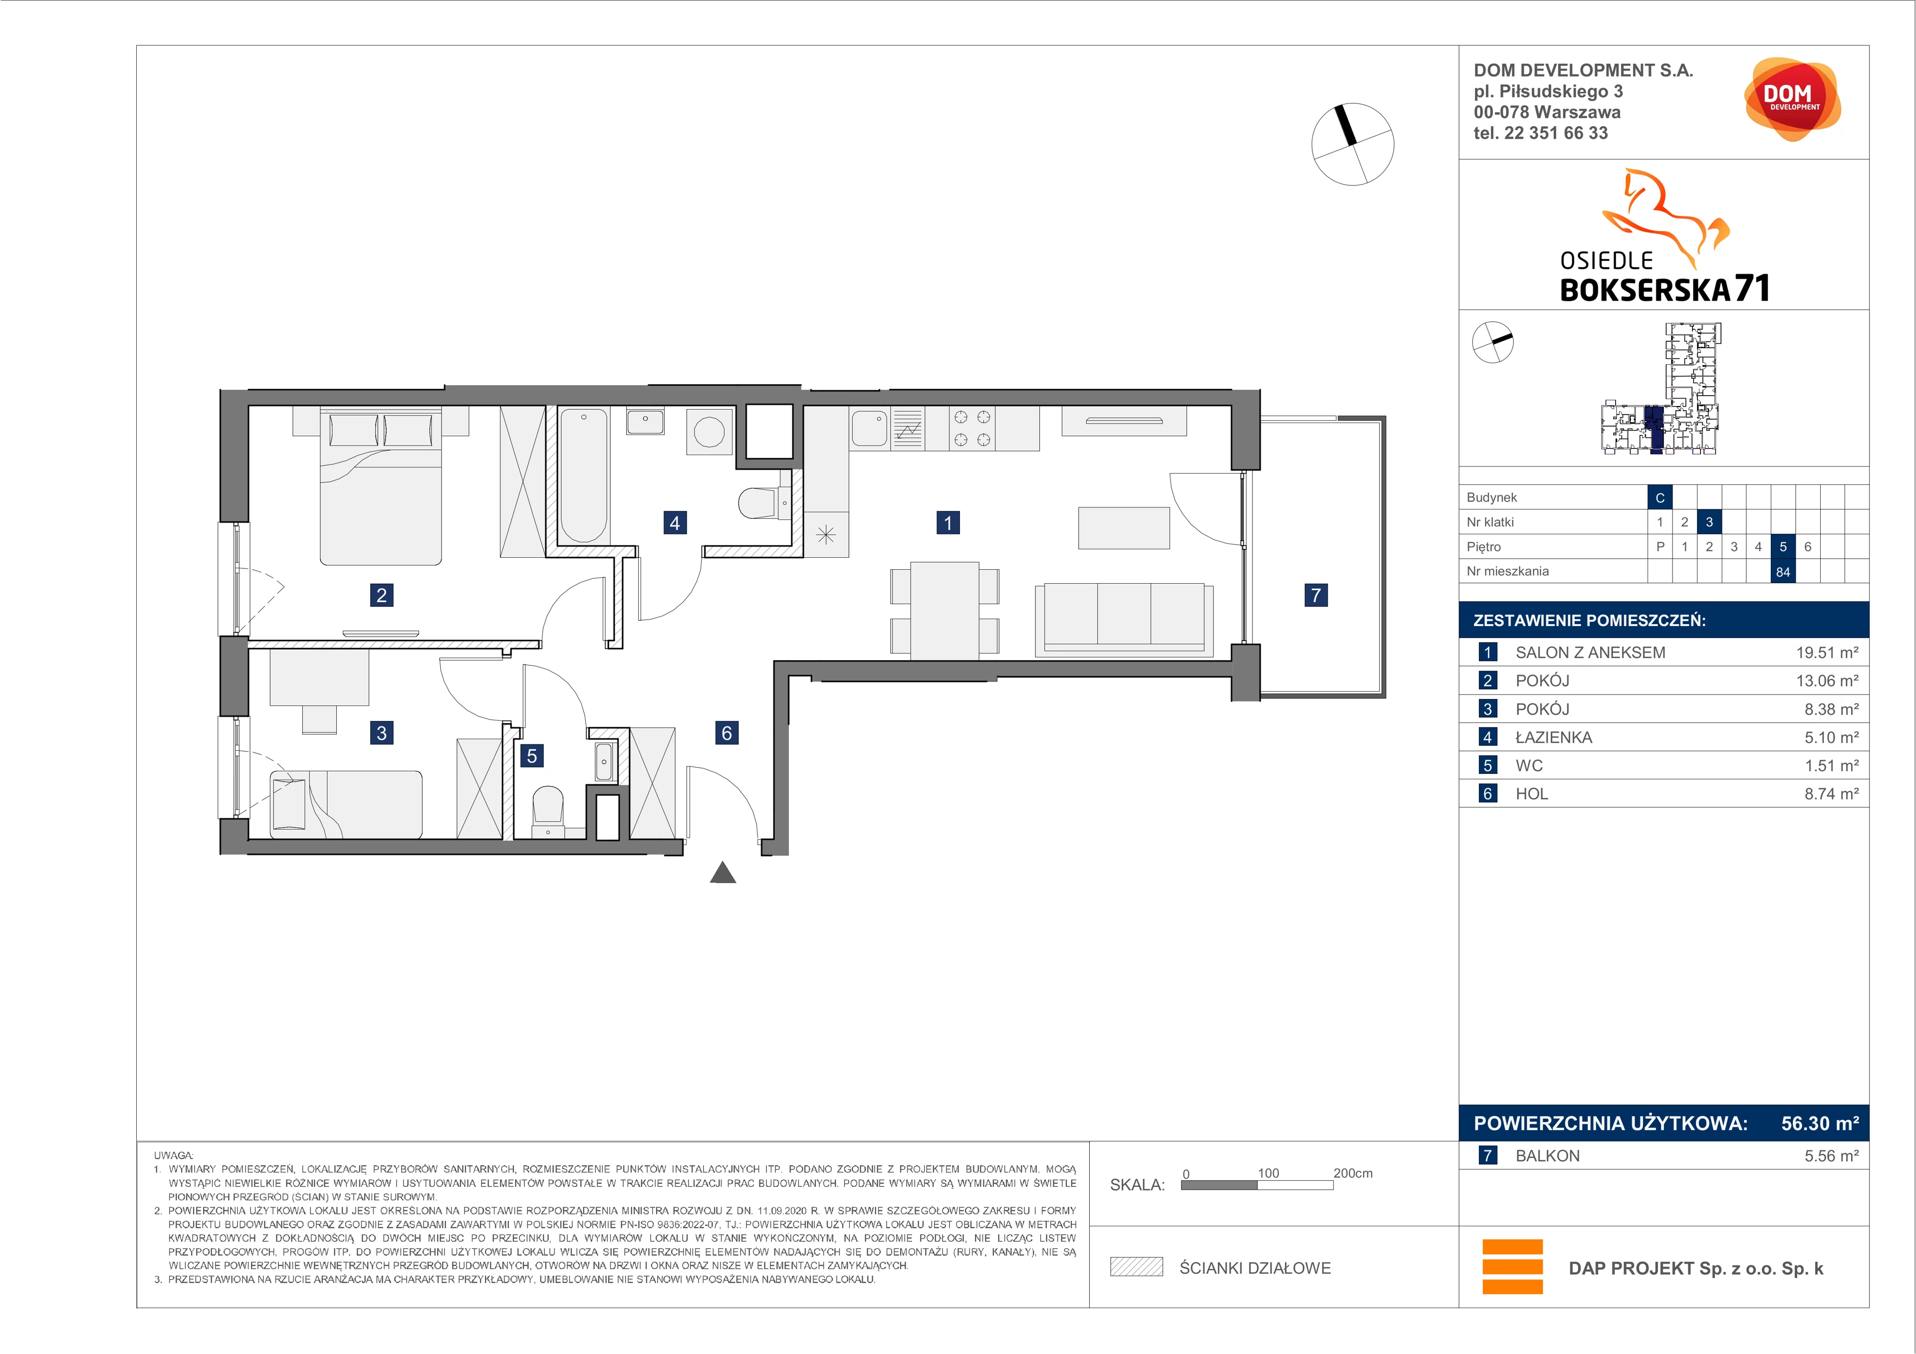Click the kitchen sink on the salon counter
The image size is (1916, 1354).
point(870,428)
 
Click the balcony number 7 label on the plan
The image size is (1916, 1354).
point(1315,595)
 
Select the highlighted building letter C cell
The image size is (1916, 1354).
point(1660,497)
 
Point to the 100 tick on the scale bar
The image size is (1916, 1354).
point(1267,1173)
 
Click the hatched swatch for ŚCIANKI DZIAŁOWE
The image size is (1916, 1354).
point(1136,1267)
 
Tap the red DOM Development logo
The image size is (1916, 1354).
point(1792,99)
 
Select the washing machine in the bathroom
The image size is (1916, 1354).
point(709,432)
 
